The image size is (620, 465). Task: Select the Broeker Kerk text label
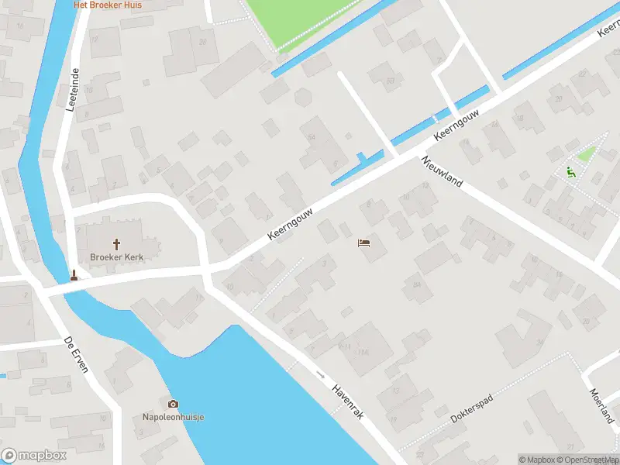(117, 256)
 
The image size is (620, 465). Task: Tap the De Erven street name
(76, 356)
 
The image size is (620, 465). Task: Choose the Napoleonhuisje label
(172, 417)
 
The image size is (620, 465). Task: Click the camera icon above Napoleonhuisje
(173, 404)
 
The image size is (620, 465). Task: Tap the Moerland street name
(601, 405)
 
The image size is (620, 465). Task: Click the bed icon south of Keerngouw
(363, 243)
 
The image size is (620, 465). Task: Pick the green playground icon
(570, 172)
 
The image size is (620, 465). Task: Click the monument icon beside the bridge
(74, 275)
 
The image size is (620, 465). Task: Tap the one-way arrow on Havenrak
(321, 374)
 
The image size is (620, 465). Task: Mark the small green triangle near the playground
(586, 154)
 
